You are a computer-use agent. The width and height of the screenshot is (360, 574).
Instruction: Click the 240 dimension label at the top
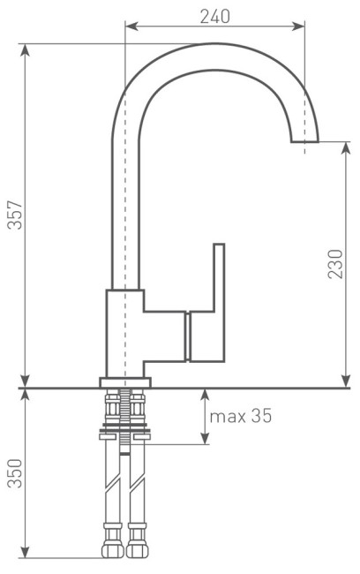(214, 17)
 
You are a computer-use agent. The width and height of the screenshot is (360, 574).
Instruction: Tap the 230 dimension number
(336, 262)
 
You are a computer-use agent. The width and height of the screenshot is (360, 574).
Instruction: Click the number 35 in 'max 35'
(259, 415)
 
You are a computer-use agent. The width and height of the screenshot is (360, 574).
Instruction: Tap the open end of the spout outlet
(305, 140)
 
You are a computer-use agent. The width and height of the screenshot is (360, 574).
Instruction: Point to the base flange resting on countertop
(125, 381)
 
